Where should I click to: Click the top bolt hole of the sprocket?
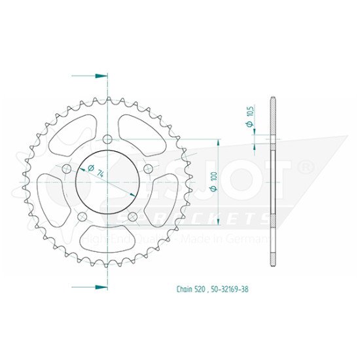(x=107, y=139)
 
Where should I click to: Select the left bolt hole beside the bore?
(x=65, y=169)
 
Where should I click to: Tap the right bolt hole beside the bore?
(x=148, y=169)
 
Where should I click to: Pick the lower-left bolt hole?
(x=81, y=217)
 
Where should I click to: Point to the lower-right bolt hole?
(x=132, y=217)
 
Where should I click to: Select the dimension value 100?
(x=213, y=177)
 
